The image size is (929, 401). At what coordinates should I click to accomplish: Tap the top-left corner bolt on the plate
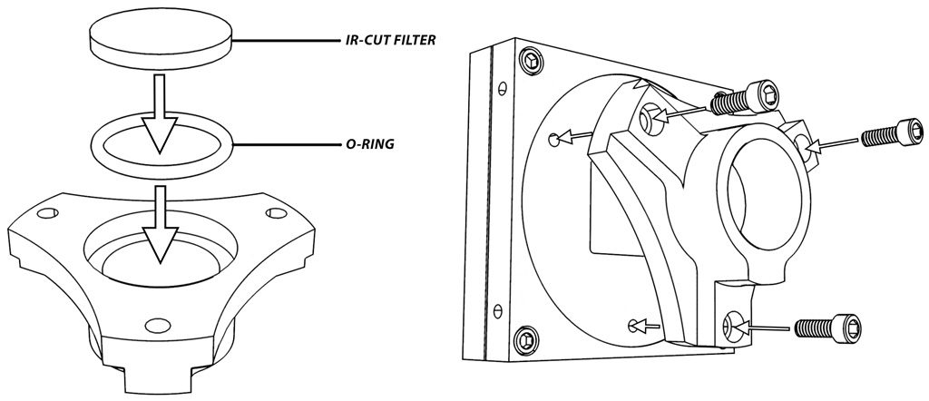coord(530,63)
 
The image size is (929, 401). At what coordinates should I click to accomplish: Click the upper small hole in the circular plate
coord(553,139)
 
